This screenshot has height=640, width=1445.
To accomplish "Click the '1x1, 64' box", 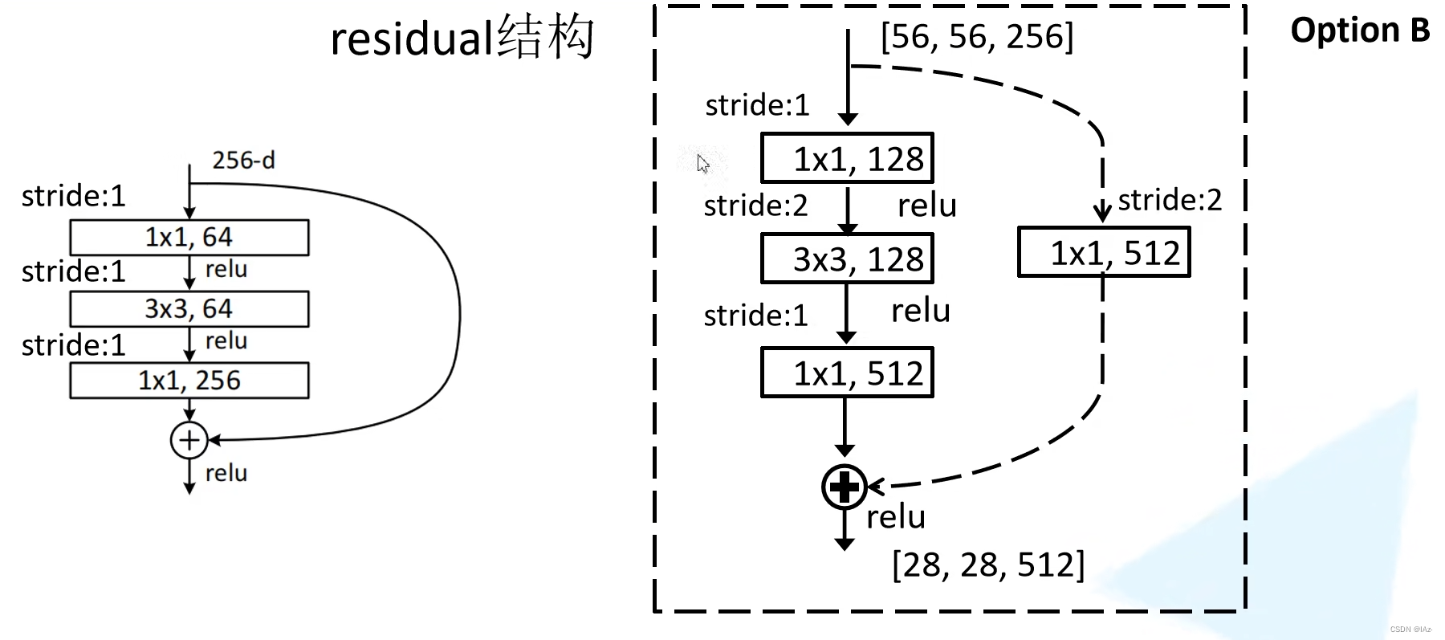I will pos(189,238).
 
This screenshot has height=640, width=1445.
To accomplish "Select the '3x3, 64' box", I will pos(189,309).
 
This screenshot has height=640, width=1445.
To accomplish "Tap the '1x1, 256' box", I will pos(189,381).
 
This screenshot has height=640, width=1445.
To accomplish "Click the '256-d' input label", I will pos(243,161).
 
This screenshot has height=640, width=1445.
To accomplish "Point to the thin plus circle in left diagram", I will pos(189,440).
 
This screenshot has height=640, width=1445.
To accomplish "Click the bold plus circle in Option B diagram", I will pos(844,487).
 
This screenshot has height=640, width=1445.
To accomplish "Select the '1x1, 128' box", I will pos(847,158).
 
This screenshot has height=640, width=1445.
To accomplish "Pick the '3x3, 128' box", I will pos(847,259).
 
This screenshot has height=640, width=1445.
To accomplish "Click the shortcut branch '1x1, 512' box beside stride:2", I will pos(1104,253).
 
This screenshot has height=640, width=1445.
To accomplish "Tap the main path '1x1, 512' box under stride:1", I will pos(847,373).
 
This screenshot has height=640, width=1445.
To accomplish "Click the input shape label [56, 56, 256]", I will pos(976,37).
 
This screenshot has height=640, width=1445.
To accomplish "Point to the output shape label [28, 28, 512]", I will pos(987,565).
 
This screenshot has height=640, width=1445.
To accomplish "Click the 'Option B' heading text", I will pos(1359,31).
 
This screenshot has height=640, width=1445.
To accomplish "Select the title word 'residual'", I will pos(411,39).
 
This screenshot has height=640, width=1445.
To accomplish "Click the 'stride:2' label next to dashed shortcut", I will pos(1170,200).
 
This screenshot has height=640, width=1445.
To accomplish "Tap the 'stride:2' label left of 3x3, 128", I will pos(755,206).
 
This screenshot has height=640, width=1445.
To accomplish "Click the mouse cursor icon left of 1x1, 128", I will pos(703,164).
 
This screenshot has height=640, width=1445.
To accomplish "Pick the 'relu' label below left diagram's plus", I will pos(226,473).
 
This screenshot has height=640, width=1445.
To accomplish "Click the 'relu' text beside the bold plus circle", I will pos(896,517).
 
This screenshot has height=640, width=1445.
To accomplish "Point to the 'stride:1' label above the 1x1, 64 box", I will pos(74,196).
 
